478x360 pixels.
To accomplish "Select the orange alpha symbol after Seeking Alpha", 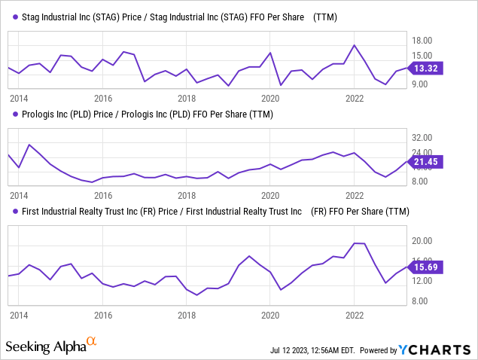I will point(92,342).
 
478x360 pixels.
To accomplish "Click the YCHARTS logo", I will point(436,350).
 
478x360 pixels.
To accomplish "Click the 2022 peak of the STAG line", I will point(354,45).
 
